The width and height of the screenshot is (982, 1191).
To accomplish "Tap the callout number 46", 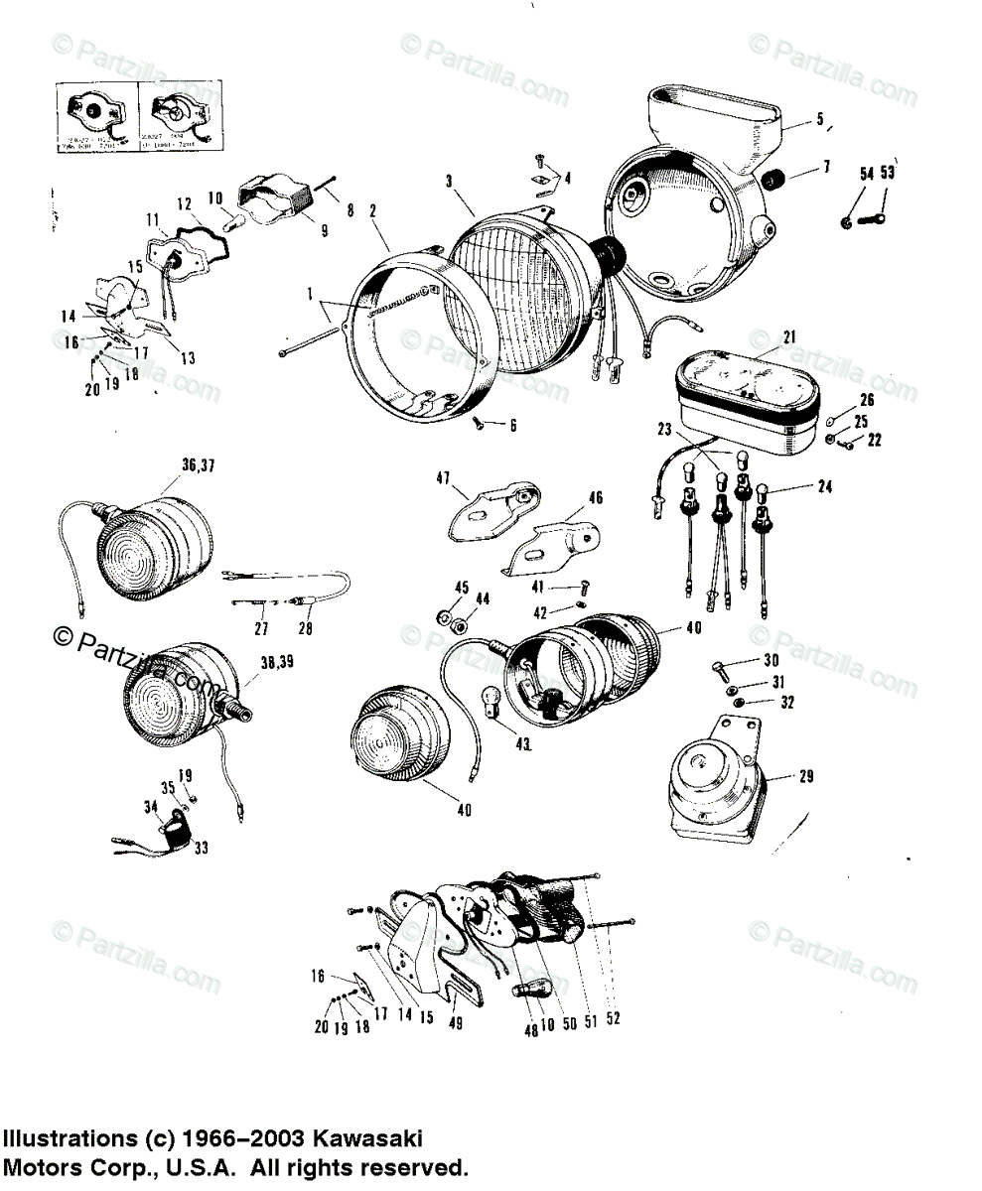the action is [x=595, y=497].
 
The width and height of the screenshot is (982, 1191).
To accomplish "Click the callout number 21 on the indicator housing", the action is [x=788, y=337].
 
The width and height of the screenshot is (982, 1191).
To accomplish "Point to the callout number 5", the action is [x=820, y=119].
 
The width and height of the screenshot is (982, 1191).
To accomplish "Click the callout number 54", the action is [x=866, y=175].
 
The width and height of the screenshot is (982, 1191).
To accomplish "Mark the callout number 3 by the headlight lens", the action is [x=449, y=181].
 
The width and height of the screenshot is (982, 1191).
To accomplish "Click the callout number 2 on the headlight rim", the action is [x=372, y=210].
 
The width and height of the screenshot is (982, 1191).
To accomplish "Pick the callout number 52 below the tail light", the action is [x=612, y=1019].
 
